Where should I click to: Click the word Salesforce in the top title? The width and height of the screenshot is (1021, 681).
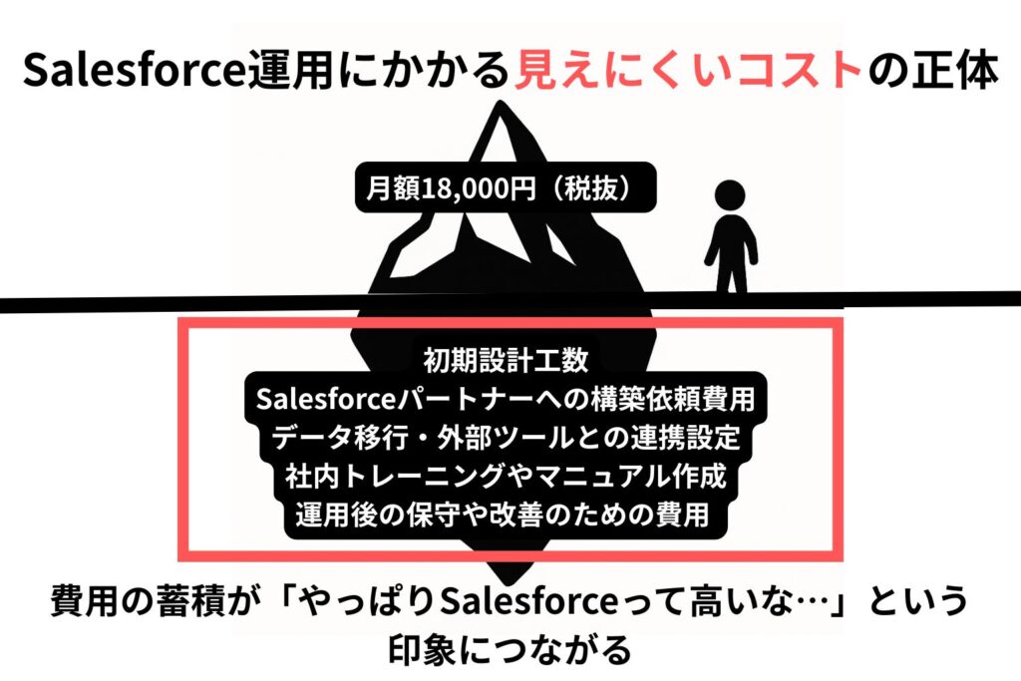135,70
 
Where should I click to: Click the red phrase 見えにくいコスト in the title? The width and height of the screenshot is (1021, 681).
689,70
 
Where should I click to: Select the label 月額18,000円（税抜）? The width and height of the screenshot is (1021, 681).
505,188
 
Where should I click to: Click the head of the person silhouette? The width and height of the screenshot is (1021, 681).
730,194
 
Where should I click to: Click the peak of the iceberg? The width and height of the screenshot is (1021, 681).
500,103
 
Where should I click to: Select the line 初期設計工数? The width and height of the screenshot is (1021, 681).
506,359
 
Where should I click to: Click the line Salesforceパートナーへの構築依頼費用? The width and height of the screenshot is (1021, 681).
506,399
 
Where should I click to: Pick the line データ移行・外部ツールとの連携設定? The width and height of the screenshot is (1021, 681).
506,437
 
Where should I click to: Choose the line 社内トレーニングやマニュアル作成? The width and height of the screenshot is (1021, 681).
506,476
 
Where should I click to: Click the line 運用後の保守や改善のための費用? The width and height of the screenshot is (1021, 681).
503,514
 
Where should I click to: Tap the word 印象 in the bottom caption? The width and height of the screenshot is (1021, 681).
422,649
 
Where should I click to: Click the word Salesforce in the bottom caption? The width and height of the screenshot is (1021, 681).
528,601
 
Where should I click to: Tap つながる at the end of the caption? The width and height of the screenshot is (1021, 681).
566,649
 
